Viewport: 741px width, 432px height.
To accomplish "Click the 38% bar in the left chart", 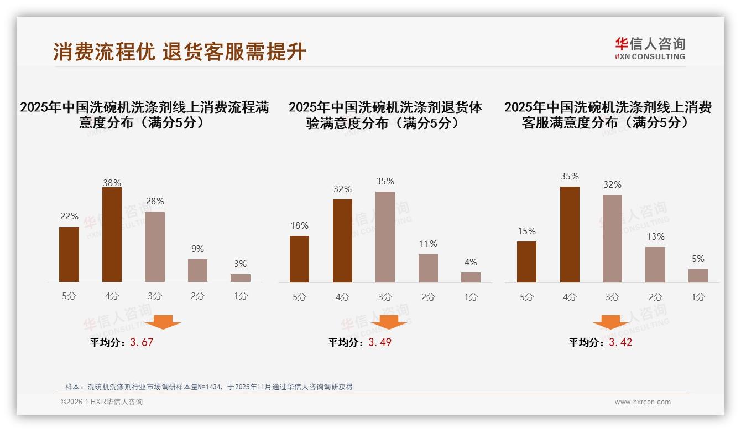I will [112, 235].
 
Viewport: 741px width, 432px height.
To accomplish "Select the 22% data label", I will [69, 216].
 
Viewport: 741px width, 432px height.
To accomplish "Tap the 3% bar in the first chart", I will [241, 278].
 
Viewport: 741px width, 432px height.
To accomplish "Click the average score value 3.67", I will [142, 342].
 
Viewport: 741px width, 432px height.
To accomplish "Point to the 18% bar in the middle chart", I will [299, 259].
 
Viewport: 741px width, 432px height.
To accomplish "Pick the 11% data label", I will [428, 244].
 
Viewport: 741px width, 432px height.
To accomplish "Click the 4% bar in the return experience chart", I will [471, 277].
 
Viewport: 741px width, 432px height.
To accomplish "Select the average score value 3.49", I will [380, 342].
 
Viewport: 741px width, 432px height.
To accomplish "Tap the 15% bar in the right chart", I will [526, 262].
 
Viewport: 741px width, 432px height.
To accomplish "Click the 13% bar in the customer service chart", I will [655, 265].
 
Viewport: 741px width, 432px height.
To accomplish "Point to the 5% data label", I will [698, 259].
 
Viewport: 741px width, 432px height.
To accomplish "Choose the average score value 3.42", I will [620, 342].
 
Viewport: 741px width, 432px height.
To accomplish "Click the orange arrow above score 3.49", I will [389, 322].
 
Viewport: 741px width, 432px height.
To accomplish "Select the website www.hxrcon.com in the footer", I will [643, 402].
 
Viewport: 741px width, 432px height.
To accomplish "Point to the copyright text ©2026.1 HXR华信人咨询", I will [102, 402].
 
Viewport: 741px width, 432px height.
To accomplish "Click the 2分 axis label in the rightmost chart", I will [655, 297].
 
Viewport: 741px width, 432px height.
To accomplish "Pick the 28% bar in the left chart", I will [155, 247].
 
